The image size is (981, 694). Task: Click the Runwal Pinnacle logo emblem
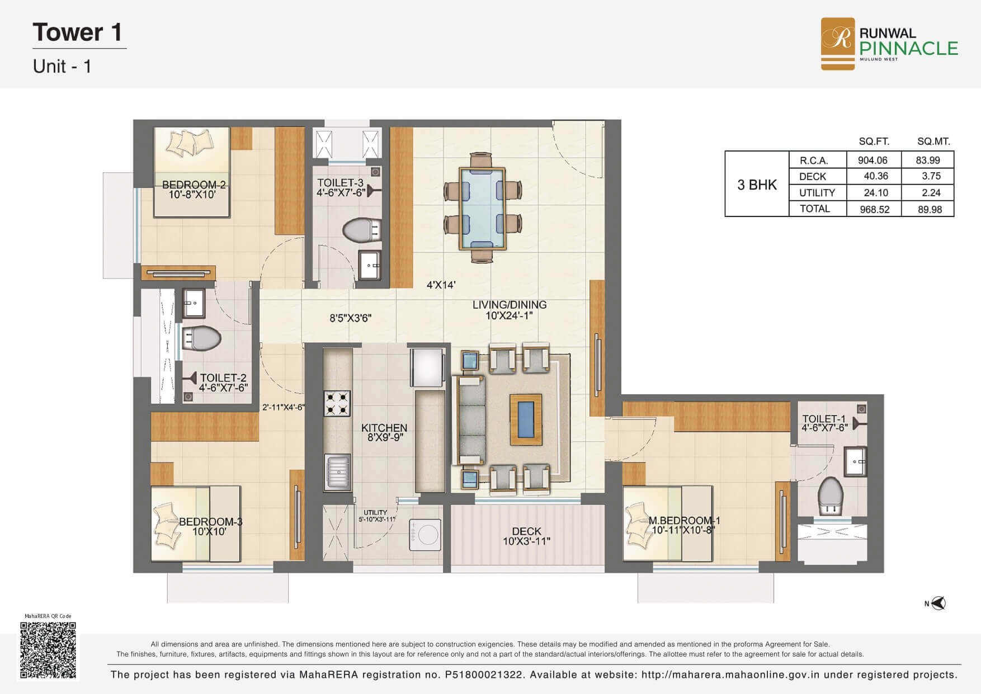837,44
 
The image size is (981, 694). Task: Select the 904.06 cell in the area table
873,160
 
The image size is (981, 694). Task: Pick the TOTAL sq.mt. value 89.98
929,209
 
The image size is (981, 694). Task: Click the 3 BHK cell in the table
757,185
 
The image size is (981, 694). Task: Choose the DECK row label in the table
813,176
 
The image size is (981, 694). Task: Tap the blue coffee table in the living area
525,419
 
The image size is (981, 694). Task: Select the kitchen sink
337,473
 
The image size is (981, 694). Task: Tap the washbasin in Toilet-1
855,461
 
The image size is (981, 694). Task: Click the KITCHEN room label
384,428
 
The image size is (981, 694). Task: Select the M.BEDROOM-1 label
685,521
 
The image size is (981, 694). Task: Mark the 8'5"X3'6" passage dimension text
351,318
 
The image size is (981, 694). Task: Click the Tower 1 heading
78,32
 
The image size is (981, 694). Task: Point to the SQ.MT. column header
933,141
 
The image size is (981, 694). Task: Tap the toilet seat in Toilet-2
202,338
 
